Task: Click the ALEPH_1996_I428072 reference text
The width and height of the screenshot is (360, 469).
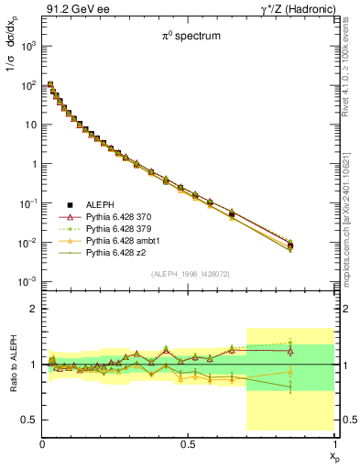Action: point(189,275)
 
